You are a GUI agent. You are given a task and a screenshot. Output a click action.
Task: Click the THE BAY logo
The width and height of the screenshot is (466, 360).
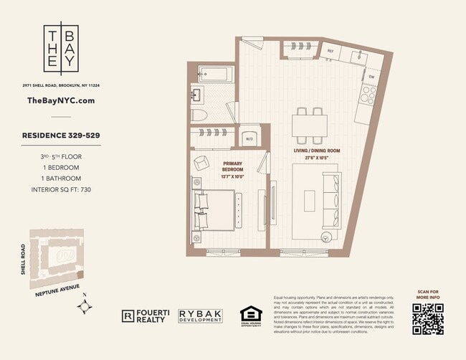60,49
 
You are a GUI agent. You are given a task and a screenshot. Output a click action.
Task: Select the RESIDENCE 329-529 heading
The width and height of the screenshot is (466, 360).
60,133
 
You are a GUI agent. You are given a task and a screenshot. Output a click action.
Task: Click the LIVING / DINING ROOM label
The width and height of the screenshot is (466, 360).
316,154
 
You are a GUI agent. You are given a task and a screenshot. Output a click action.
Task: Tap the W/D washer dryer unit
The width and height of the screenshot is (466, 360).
249,138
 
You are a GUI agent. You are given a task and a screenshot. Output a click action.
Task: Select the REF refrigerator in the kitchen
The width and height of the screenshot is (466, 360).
331,51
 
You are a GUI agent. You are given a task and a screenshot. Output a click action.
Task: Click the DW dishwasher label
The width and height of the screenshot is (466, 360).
371,76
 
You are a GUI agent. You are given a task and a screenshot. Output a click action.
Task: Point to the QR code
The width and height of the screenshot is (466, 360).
427,318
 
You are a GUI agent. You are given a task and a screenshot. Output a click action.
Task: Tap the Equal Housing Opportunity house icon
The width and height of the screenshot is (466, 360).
249,313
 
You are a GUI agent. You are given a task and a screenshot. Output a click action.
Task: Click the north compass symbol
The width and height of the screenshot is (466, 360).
85,307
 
